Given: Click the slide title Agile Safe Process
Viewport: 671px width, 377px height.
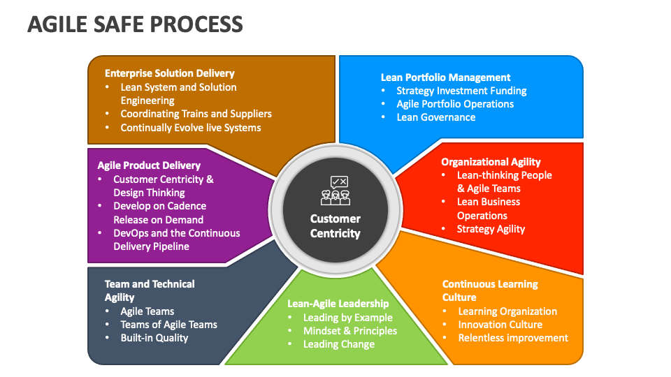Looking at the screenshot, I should [x=135, y=24].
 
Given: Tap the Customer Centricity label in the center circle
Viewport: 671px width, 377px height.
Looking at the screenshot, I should [x=335, y=226].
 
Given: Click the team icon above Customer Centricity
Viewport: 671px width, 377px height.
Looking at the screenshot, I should [x=335, y=191].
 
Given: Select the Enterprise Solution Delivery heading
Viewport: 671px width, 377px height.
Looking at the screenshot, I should [x=169, y=73].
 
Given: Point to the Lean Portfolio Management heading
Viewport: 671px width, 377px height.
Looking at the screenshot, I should [x=445, y=77].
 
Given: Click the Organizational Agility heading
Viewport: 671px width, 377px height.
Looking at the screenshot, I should [x=491, y=162].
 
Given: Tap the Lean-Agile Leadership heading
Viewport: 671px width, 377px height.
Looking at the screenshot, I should [x=338, y=304].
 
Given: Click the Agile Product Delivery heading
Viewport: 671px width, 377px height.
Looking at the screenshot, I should [x=149, y=165].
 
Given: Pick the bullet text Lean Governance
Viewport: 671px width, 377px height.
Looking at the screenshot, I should [x=435, y=117].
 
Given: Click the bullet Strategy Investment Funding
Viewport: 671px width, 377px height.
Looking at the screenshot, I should [x=461, y=91].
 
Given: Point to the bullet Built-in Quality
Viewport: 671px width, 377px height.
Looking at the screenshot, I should [x=154, y=338].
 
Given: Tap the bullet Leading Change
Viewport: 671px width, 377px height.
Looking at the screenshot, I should [x=338, y=344].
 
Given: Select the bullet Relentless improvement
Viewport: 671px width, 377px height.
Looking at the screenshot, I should [x=513, y=338].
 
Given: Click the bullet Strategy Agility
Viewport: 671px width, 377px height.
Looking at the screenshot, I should [x=491, y=229].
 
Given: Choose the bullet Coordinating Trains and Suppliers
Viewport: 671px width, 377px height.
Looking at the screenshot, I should [x=196, y=114].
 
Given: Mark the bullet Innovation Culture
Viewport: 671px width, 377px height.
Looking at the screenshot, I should [x=500, y=325].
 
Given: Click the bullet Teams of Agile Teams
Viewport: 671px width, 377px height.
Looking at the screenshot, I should [x=168, y=325].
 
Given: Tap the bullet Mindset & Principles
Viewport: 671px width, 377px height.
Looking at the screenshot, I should [x=349, y=331].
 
